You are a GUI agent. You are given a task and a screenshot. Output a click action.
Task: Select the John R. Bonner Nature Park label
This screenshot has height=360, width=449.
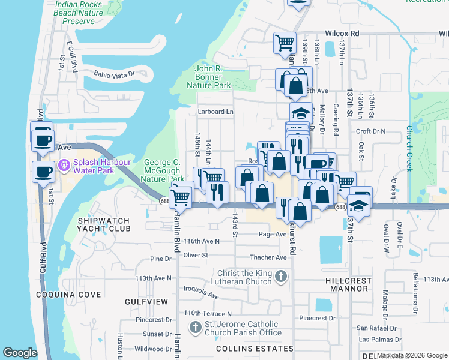(x=213, y=77)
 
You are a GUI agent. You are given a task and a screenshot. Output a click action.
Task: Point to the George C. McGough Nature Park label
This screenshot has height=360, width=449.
(x=163, y=170)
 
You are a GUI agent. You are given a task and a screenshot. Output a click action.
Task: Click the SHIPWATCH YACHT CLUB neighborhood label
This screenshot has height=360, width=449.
(x=104, y=224)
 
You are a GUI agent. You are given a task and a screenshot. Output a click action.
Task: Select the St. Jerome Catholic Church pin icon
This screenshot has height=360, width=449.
(x=195, y=328)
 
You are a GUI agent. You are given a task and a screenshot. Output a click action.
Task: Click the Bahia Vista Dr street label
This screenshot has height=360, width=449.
(x=114, y=75)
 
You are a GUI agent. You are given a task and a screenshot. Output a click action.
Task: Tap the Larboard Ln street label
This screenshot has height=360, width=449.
(x=215, y=112)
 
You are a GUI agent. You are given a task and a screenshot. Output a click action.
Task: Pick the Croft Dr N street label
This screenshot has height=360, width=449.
(x=371, y=131)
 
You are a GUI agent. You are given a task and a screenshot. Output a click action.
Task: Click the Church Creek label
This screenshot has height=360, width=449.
(x=409, y=148)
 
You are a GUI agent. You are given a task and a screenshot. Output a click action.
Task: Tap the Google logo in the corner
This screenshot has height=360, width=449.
(x=20, y=353)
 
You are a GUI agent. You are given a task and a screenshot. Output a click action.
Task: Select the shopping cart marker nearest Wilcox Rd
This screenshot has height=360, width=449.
(x=285, y=43)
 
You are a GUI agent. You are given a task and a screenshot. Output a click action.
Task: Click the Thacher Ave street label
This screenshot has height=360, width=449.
(x=268, y=257)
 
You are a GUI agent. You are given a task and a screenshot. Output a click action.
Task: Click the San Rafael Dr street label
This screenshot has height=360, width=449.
(x=376, y=328)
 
